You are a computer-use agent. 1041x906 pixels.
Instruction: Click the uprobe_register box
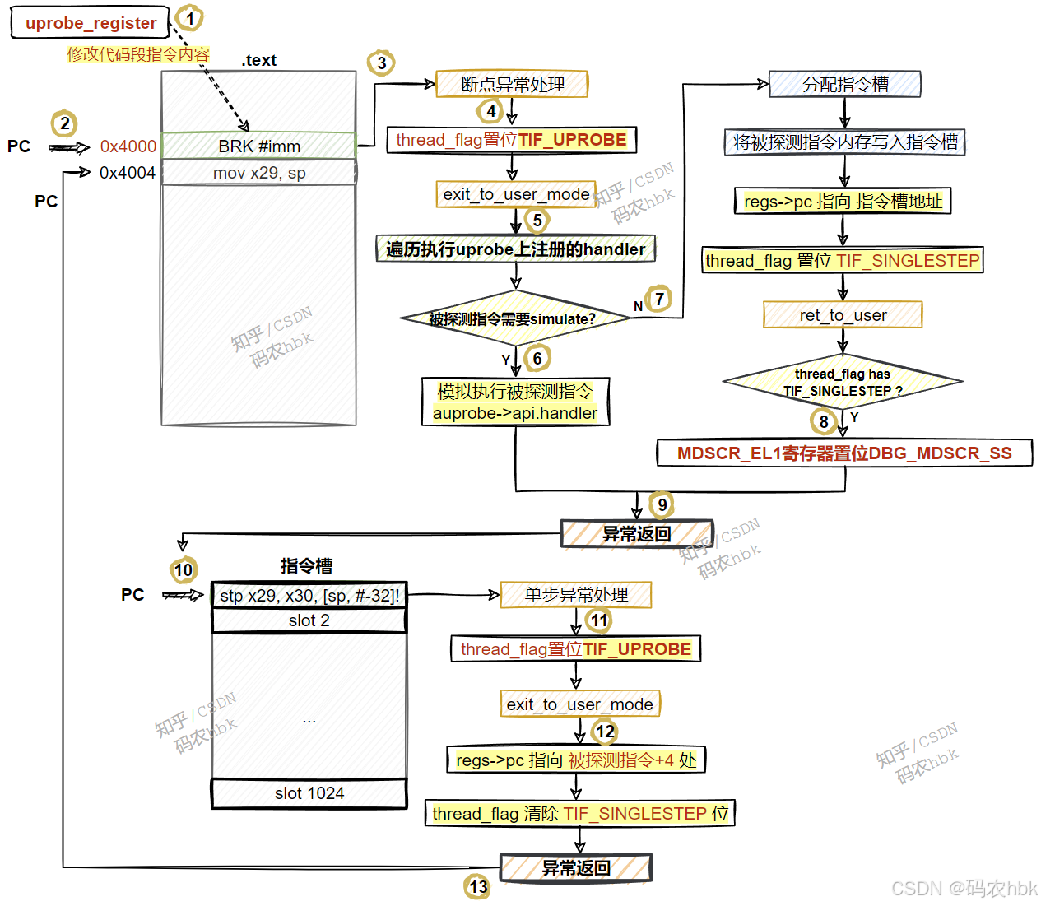pos(90,23)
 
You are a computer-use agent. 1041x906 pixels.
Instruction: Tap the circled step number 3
pos(381,63)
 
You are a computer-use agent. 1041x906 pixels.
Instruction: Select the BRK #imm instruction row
pos(258,146)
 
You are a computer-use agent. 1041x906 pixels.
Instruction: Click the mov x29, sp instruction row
pos(258,173)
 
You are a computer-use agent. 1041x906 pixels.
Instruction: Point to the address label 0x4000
pos(128,146)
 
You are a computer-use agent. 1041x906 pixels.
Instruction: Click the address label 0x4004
pos(128,173)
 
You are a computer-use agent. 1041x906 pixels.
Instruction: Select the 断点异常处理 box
pos(512,84)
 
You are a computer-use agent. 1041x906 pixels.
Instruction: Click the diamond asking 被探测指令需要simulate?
pos(514,318)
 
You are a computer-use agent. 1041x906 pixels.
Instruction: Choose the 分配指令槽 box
pos(845,84)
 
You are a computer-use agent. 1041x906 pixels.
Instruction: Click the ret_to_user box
pos(843,315)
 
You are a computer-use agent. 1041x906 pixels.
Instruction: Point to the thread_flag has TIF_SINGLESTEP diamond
pos(843,383)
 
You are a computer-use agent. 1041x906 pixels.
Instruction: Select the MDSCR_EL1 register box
pos(844,453)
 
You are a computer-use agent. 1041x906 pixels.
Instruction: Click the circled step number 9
pos(662,504)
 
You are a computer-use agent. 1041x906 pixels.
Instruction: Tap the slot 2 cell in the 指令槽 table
pos(309,620)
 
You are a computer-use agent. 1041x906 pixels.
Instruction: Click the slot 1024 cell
pos(309,793)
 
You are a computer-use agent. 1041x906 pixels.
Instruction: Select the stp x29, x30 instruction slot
pos(309,595)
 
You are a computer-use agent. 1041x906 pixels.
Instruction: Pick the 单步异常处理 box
pos(576,594)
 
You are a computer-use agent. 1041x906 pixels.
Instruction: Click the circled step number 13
pos(478,887)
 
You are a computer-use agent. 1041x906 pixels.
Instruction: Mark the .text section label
pos(259,60)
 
